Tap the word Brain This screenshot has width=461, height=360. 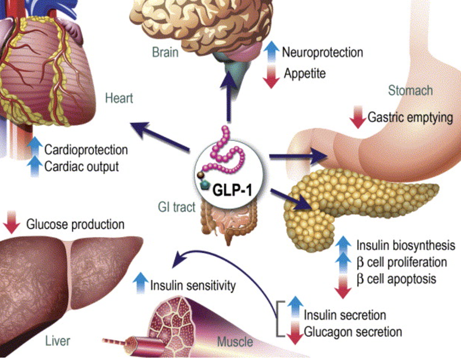pos(165,52)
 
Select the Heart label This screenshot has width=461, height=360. pos(119,98)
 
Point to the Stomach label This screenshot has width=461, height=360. pos(410,90)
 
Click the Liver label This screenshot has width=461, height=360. pos(58,341)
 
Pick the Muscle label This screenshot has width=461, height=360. pos(235,342)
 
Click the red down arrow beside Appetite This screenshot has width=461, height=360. pos(271,76)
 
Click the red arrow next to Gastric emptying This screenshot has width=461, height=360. pos(358,118)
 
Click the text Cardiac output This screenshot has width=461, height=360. pos(81,167)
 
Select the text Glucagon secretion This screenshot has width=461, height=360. pos(352,332)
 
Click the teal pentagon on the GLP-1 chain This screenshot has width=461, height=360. pos(204,186)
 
